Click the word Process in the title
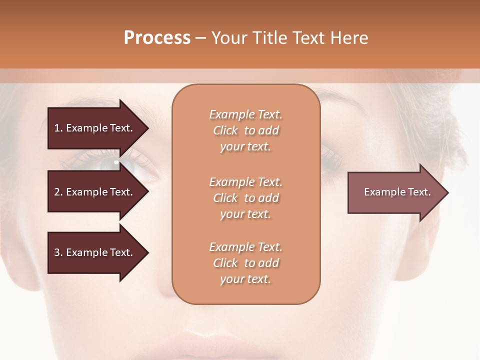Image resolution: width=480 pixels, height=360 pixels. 157,38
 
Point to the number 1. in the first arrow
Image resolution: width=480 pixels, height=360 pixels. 58,128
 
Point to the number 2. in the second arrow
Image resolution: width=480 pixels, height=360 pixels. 58,192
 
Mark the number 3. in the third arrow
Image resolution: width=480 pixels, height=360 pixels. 58,252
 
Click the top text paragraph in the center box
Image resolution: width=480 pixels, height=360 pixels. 245,130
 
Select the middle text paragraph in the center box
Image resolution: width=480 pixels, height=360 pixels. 245,198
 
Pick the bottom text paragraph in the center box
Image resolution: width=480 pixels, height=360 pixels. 245,263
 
